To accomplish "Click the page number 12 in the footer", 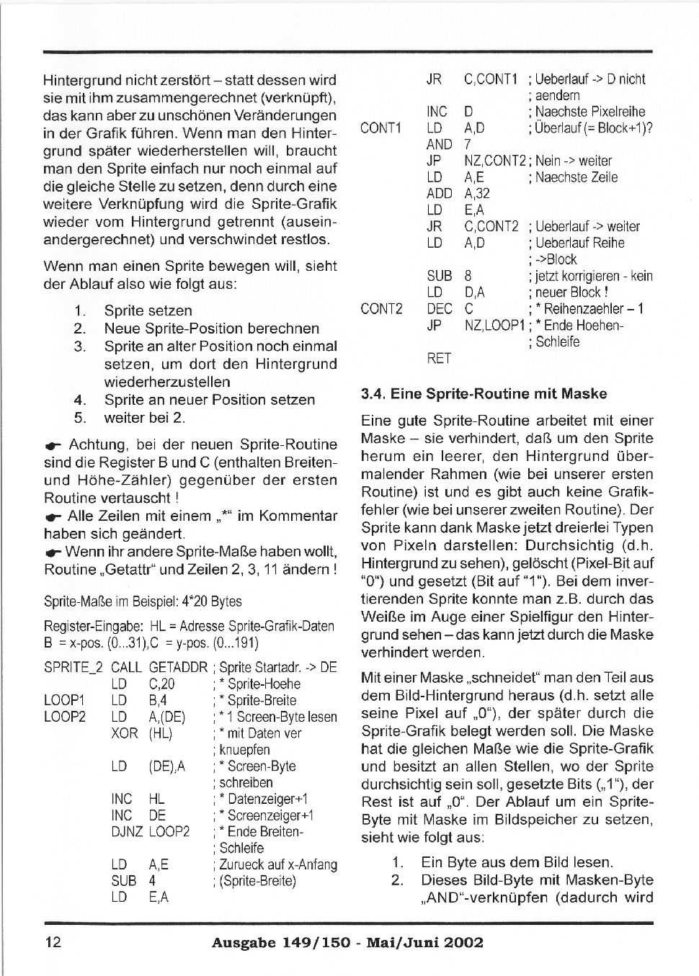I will [53, 942].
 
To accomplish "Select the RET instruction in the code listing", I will [439, 358].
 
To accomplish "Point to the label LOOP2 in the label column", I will [64, 717].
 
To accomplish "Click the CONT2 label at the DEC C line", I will [381, 309].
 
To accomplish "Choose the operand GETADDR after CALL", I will [178, 667].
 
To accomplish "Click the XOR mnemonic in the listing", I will [125, 733].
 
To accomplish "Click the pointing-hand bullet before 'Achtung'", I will [53, 445].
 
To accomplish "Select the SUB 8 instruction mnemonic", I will [439, 276].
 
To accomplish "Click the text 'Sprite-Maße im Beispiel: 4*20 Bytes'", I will [143, 601].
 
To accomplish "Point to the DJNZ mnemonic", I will [128, 831].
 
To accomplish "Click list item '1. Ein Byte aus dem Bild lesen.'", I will [502, 862].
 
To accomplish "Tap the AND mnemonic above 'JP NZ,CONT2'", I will [439, 145].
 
